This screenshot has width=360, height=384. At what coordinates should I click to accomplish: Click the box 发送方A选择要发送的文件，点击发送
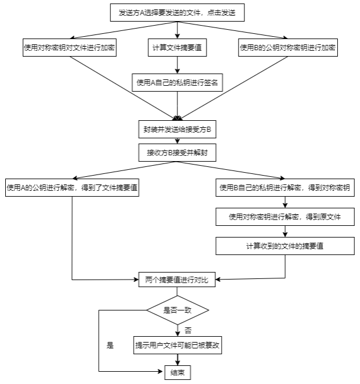pyautogui.click(x=177, y=12)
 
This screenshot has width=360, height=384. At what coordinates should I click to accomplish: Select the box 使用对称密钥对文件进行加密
pyautogui.click(x=69, y=47)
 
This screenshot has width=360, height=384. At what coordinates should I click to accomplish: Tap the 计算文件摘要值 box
pyautogui.click(x=177, y=47)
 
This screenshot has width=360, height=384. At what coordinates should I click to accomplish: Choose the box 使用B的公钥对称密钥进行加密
pyautogui.click(x=288, y=47)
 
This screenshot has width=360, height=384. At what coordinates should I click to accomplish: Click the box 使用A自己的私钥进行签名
pyautogui.click(x=177, y=82)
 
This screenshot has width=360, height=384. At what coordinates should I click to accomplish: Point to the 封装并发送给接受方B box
pyautogui.click(x=177, y=130)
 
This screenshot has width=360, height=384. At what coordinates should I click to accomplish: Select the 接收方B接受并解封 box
pyautogui.click(x=177, y=152)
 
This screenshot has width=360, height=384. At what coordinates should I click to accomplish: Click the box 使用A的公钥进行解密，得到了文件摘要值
pyautogui.click(x=72, y=187)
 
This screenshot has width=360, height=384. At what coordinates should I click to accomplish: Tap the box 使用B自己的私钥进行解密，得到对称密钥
pyautogui.click(x=285, y=187)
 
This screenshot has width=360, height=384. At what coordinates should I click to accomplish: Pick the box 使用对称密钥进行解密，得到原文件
pyautogui.click(x=285, y=217)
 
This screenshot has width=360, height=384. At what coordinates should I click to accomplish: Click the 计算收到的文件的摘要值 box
pyautogui.click(x=285, y=246)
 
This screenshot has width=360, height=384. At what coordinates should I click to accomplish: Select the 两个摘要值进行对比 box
pyautogui.click(x=177, y=280)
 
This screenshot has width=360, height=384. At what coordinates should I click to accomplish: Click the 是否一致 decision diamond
pyautogui.click(x=177, y=310)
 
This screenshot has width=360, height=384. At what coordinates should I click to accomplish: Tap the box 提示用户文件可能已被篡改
pyautogui.click(x=177, y=345)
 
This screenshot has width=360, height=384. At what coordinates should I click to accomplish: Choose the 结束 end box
pyautogui.click(x=177, y=373)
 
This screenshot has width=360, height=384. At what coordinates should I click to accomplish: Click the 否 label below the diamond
pyautogui.click(x=188, y=331)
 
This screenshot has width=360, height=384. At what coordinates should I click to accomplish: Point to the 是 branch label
pyautogui.click(x=110, y=345)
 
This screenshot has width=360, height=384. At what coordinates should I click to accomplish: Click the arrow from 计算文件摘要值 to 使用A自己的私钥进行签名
pyautogui.click(x=177, y=65)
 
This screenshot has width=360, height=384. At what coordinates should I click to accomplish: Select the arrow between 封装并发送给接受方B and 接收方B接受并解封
pyautogui.click(x=177, y=141)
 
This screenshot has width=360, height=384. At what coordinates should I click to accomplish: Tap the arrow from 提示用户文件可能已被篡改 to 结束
pyautogui.click(x=177, y=360)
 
